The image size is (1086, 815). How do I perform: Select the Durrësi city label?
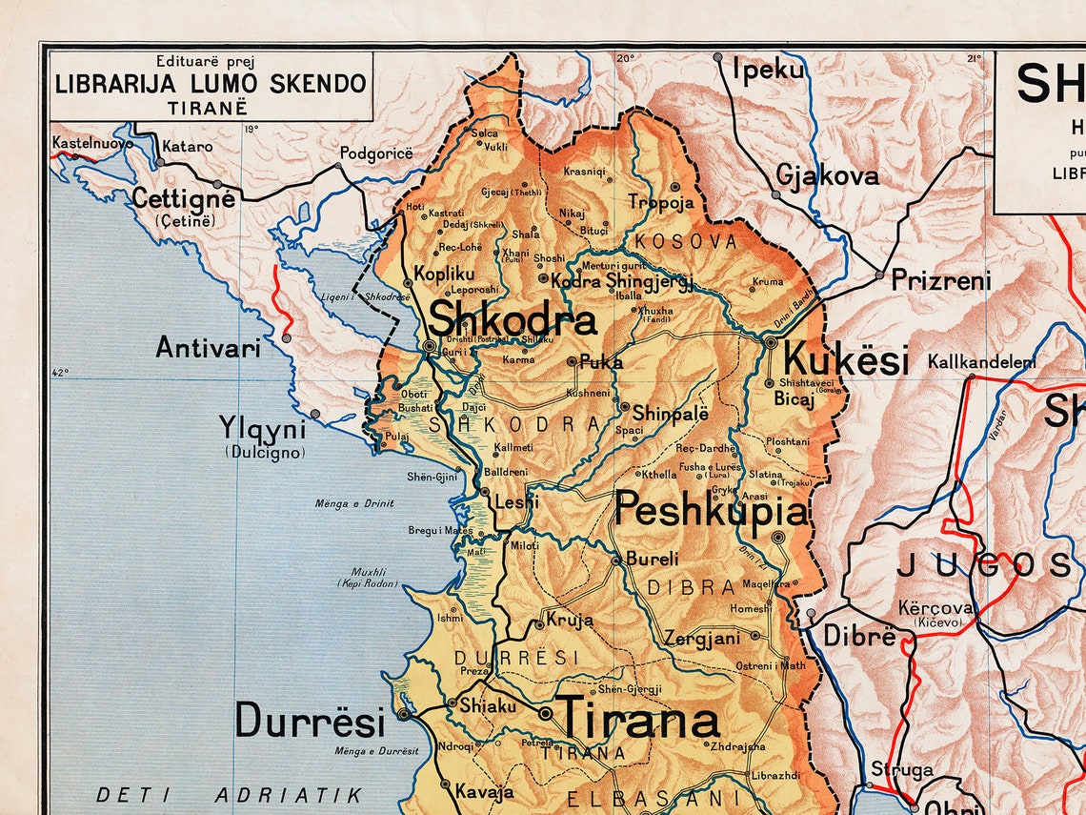311,721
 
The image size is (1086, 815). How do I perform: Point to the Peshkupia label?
712,511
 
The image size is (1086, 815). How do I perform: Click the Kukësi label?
845,361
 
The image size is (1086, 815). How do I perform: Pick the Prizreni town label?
940,280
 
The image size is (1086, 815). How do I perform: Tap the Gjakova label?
826,175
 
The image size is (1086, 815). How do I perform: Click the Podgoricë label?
376,153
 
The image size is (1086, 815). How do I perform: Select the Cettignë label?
183,198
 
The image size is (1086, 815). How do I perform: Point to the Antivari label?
208,347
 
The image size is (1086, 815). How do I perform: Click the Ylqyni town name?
262,425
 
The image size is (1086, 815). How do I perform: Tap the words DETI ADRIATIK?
230,794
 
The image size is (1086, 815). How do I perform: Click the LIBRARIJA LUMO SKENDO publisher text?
211,83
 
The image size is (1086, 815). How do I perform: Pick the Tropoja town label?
660,202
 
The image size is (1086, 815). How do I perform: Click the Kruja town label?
570,620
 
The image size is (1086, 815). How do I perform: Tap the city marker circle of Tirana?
545,713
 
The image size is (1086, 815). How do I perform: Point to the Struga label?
901,769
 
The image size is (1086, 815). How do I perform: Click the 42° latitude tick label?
60,373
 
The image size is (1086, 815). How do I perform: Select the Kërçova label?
935,607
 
